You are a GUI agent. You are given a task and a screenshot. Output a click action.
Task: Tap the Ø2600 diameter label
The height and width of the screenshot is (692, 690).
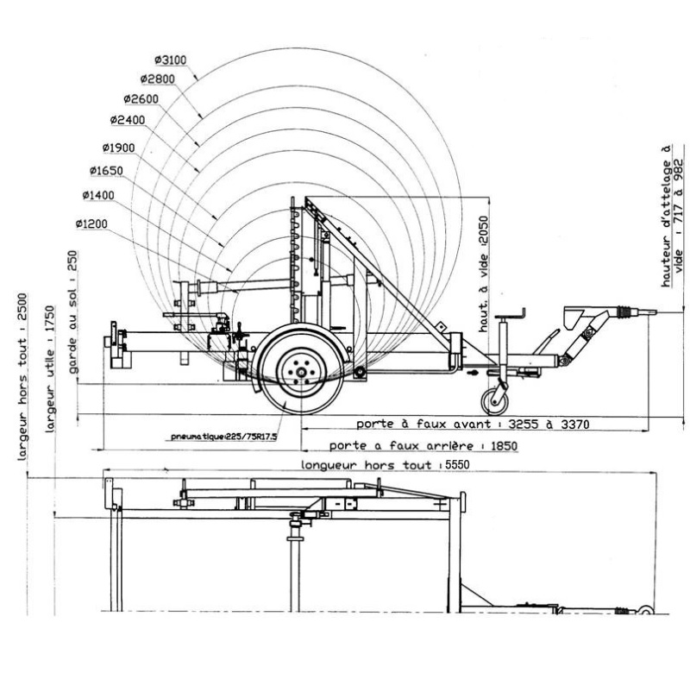point(141,99)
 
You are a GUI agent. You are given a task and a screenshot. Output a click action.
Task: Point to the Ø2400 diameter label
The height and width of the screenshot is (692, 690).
point(128,119)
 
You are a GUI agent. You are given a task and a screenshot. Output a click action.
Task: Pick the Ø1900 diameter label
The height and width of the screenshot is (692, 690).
point(118,147)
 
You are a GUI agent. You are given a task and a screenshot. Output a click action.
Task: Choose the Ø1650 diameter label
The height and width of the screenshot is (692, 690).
point(106,169)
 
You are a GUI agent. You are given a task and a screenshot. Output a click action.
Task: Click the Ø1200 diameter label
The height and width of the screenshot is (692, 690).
point(91,224)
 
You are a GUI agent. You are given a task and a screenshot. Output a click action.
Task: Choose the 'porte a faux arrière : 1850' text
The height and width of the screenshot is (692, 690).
point(411,445)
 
